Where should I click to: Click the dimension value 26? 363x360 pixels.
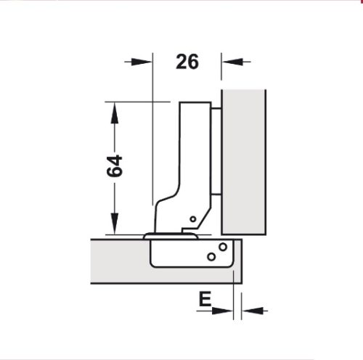[187, 62]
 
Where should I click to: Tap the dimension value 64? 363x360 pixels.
[114, 166]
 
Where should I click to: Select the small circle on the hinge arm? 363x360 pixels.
[192, 219]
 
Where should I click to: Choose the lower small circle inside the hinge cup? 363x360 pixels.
[211, 256]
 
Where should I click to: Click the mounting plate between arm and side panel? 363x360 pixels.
[218, 152]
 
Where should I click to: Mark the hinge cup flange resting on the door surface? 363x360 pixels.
[171, 236]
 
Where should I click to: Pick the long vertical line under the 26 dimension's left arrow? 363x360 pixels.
[153, 145]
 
